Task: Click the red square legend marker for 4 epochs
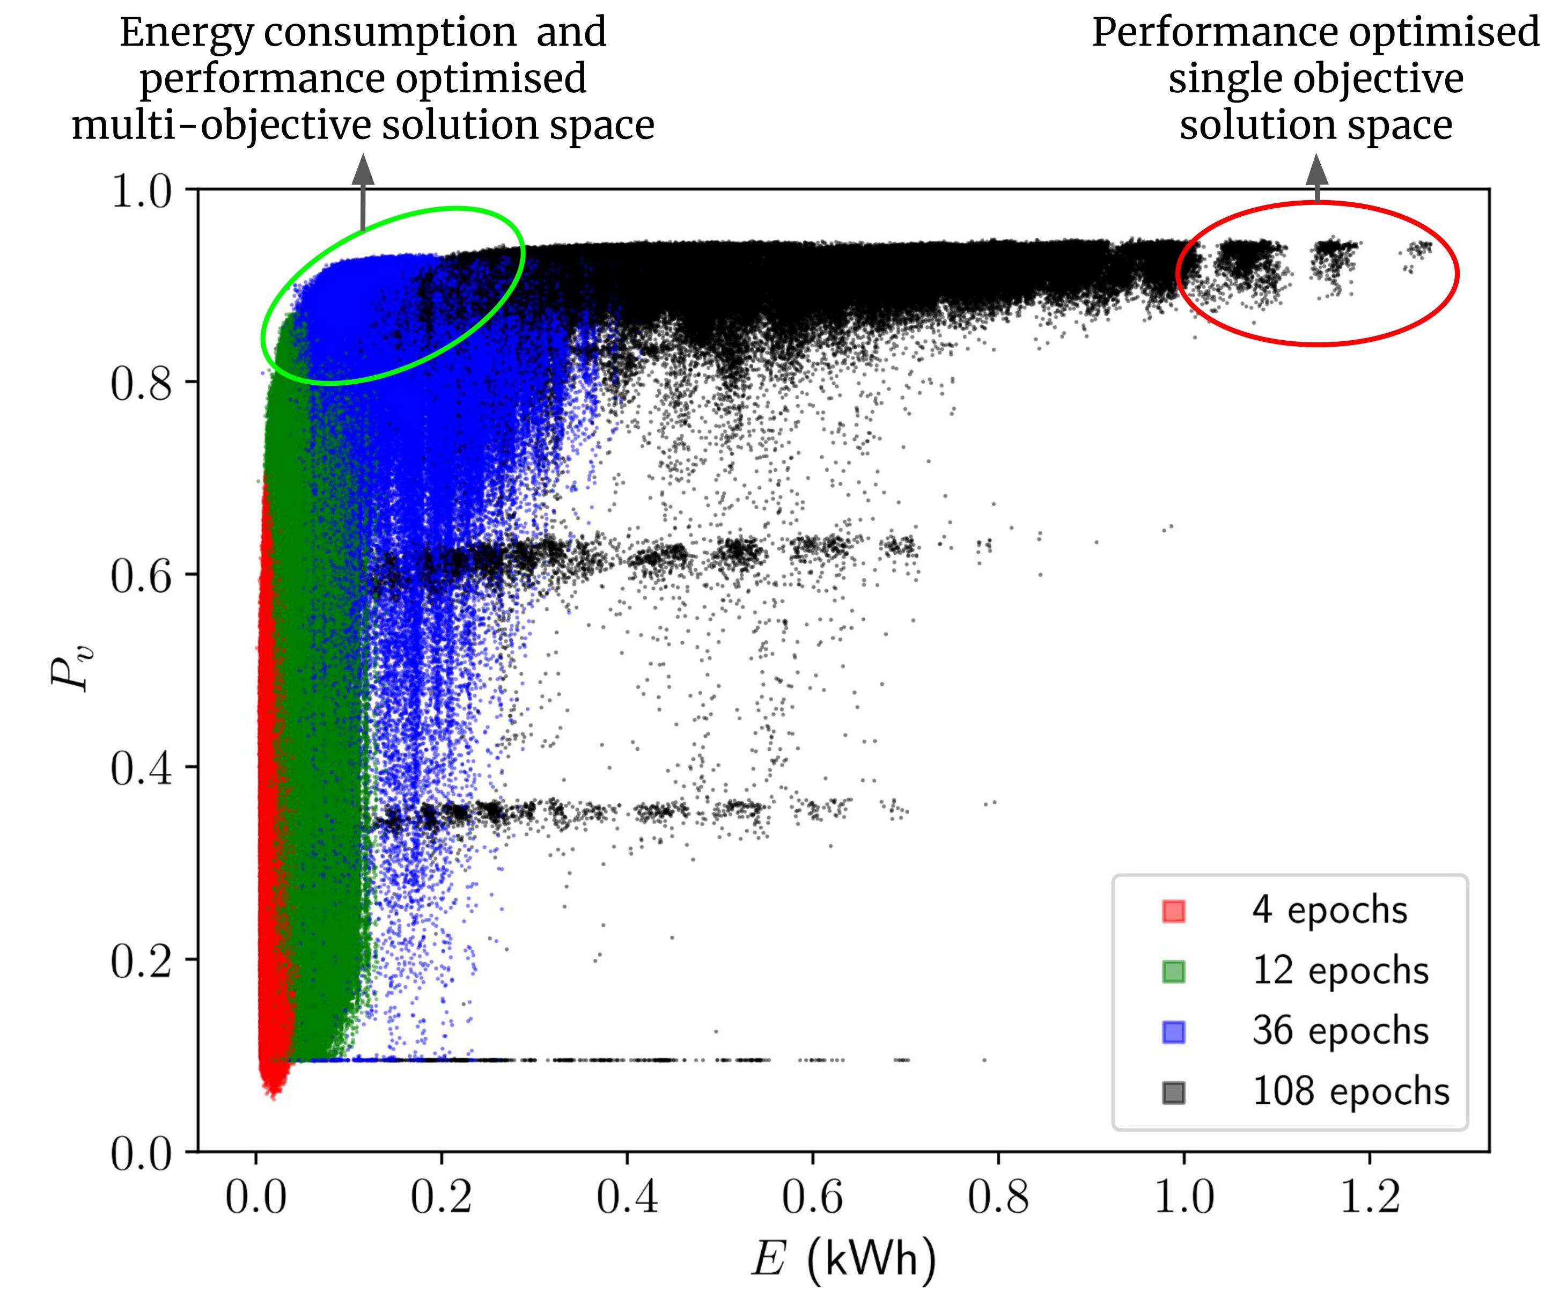pos(1173,911)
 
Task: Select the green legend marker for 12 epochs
pos(1173,971)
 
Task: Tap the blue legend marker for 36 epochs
pos(1173,1031)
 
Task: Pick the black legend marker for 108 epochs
pos(1173,1093)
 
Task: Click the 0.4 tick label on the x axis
pos(627,1199)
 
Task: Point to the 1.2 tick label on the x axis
pos(1370,1199)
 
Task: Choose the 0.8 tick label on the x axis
pos(998,1199)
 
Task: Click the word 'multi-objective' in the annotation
pos(222,125)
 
